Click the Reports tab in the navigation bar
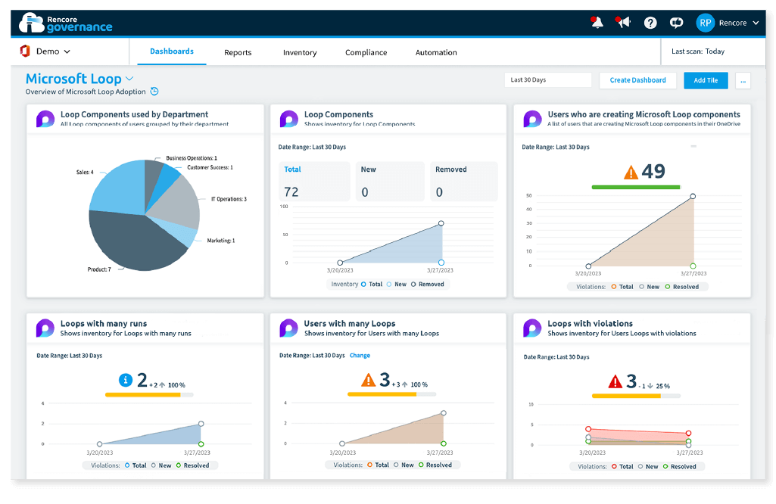(238, 52)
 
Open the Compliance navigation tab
(366, 52)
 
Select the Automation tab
(436, 52)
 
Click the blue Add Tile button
(706, 80)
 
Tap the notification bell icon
(597, 23)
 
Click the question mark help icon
(650, 23)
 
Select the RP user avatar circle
(706, 23)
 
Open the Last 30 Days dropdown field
(548, 80)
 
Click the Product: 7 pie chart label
(99, 269)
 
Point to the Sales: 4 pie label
(85, 172)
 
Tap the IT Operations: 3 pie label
(229, 199)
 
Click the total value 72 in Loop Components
(291, 192)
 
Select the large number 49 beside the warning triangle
(653, 171)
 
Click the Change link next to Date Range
(360, 355)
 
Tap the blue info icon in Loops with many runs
(126, 380)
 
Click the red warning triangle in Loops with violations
(616, 381)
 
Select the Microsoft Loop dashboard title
(73, 79)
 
